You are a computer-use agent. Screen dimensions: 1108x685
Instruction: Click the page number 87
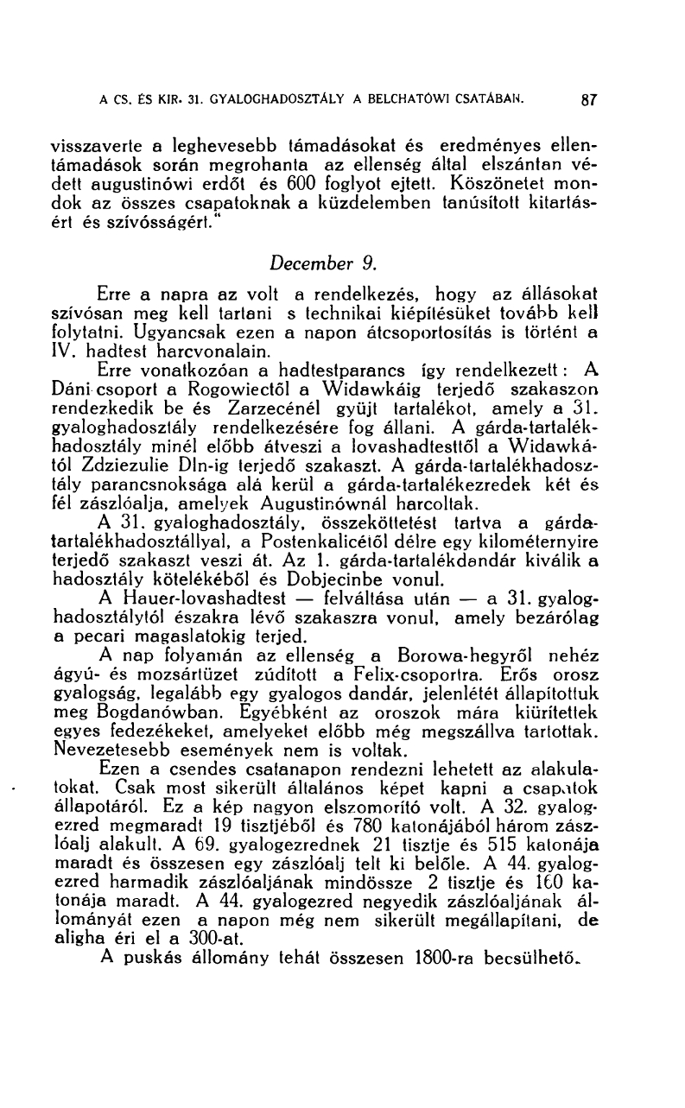(x=590, y=98)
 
